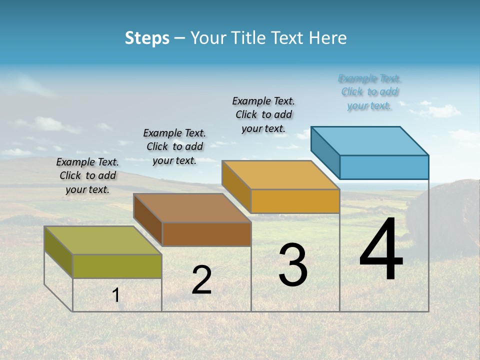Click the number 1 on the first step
(116, 295)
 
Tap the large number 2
(201, 280)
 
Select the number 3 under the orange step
(292, 264)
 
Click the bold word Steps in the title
(147, 38)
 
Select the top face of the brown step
(192, 207)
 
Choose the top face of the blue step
(370, 140)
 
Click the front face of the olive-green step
(117, 266)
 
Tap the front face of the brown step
(206, 234)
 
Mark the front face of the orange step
(295, 201)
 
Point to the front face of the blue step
(384, 167)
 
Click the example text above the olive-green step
(87, 175)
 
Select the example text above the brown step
(174, 146)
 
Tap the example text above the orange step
(263, 114)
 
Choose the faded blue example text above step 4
(369, 92)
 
